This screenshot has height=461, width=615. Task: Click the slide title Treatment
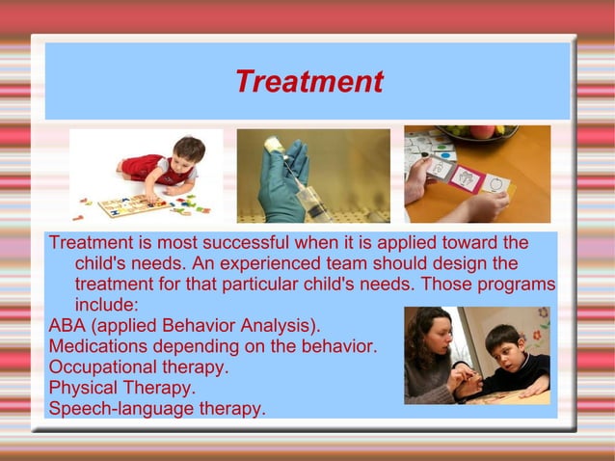[308, 82]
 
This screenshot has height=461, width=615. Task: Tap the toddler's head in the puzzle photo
[188, 150]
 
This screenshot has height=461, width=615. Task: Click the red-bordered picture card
[467, 177]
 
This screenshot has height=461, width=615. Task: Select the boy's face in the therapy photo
[502, 348]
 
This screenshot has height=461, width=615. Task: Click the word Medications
[99, 345]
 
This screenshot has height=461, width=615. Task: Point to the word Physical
[83, 388]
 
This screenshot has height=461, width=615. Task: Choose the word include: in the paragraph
[109, 305]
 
